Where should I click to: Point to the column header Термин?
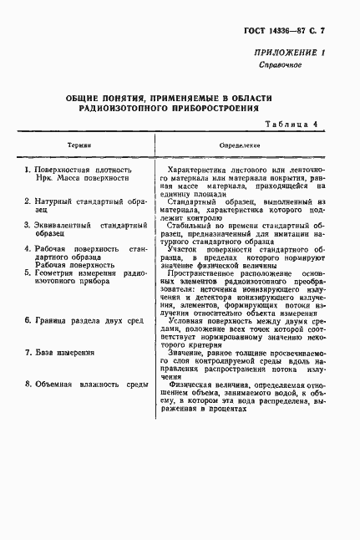[x=81, y=145]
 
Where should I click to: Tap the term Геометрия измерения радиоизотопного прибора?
[x=86, y=278]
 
